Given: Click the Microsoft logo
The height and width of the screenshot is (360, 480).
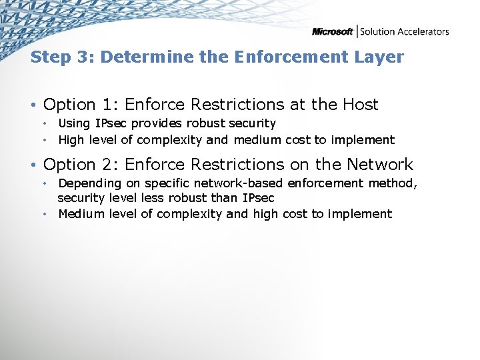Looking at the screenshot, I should coord(332,31).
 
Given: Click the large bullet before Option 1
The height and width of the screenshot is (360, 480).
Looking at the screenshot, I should coord(34,105).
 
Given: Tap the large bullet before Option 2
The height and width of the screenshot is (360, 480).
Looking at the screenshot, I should coord(34,165).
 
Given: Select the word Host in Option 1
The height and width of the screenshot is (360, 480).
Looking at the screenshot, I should coord(360,105).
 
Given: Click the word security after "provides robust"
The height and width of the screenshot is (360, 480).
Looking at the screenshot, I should coord(251,123).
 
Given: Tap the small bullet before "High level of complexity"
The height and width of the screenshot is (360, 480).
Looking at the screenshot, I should coord(45,140).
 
